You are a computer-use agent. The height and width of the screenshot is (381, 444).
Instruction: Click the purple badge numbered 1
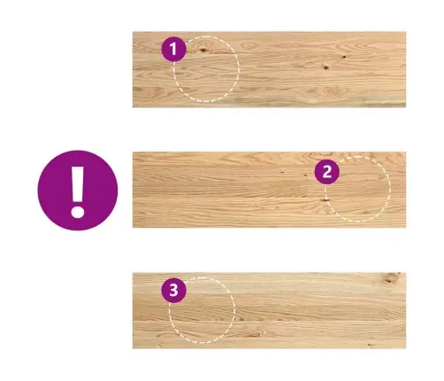click(173, 49)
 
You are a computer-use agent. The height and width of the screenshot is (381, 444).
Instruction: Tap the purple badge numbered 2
click(327, 172)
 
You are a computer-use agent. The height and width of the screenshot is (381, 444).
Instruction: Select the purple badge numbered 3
click(173, 290)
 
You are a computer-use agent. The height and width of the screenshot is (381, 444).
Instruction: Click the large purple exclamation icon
click(78, 190)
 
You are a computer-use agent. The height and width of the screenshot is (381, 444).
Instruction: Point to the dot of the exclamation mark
click(78, 212)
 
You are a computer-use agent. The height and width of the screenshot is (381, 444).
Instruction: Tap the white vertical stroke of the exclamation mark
click(78, 184)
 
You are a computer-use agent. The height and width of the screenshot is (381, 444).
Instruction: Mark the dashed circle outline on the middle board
click(390, 189)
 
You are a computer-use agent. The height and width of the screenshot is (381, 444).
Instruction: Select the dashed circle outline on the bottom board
click(234, 310)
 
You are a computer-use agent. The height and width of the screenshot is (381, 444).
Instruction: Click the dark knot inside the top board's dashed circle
click(203, 51)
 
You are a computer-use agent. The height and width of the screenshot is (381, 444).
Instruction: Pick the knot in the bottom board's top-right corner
click(391, 277)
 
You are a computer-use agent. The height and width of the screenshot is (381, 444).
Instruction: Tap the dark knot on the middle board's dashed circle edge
click(325, 200)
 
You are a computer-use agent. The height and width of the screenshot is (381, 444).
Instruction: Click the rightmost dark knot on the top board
click(344, 57)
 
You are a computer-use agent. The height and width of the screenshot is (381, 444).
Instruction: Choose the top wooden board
click(269, 69)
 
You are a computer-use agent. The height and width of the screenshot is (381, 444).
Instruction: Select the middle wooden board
click(269, 190)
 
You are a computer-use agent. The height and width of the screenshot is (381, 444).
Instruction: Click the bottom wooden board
click(269, 311)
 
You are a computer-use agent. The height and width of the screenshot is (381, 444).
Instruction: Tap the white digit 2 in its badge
click(327, 172)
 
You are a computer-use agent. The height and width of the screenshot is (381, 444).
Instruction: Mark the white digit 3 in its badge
click(173, 290)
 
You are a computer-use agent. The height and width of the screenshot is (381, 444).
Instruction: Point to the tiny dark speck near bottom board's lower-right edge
click(369, 345)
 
